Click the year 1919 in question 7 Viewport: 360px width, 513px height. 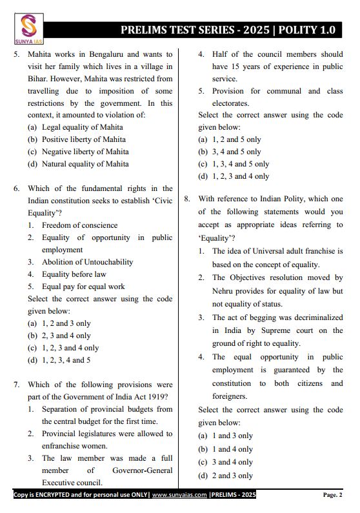161,397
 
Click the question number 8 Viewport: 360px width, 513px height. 187,200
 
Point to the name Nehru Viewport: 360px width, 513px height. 224,290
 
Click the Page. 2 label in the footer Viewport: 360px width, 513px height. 332,495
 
